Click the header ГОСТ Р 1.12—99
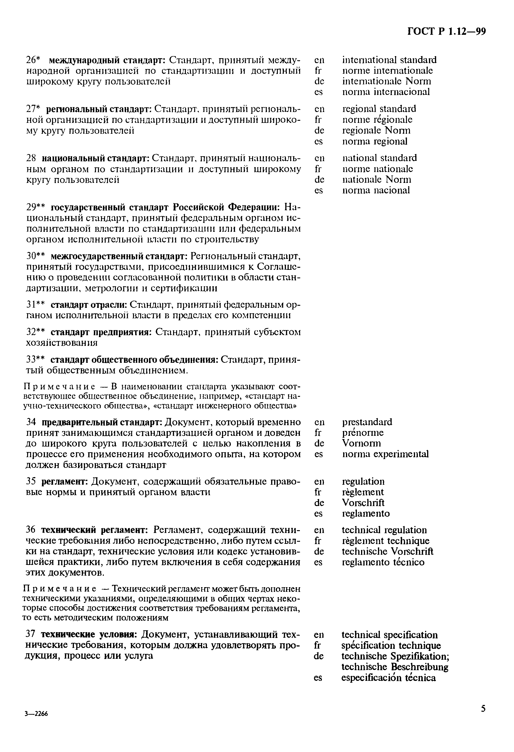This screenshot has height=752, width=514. [x=446, y=31]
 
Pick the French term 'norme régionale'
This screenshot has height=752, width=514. [x=377, y=120]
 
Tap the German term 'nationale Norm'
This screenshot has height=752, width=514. [x=377, y=180]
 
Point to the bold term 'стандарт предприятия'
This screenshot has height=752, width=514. [x=101, y=332]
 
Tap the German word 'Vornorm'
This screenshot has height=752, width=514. [x=361, y=443]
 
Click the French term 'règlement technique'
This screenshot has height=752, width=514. [x=385, y=541]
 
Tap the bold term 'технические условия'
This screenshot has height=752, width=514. [x=88, y=634]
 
